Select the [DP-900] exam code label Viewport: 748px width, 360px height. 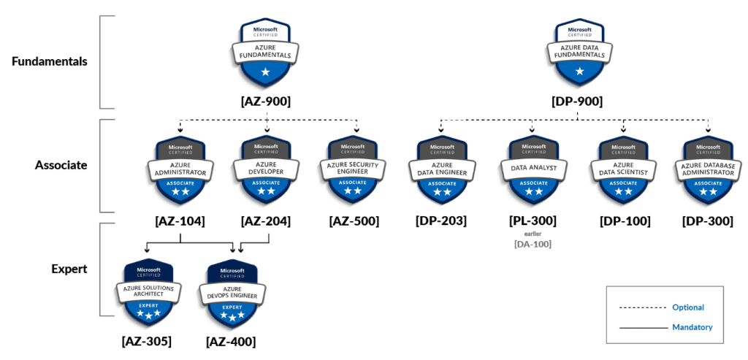click(x=578, y=102)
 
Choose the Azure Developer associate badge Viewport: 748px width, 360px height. click(x=266, y=169)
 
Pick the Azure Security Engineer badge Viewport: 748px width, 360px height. click(x=354, y=169)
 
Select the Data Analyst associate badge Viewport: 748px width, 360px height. click(x=532, y=169)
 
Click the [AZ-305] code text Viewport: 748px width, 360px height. click(x=147, y=340)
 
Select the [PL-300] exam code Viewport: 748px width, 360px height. click(x=532, y=221)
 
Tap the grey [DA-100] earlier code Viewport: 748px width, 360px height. click(x=532, y=244)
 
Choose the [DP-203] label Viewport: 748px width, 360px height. click(x=441, y=221)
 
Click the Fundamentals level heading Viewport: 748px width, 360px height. click(x=50, y=61)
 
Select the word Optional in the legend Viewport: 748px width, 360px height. click(x=688, y=307)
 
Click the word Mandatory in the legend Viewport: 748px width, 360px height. click(x=692, y=327)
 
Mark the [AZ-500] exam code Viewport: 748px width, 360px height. click(x=354, y=221)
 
